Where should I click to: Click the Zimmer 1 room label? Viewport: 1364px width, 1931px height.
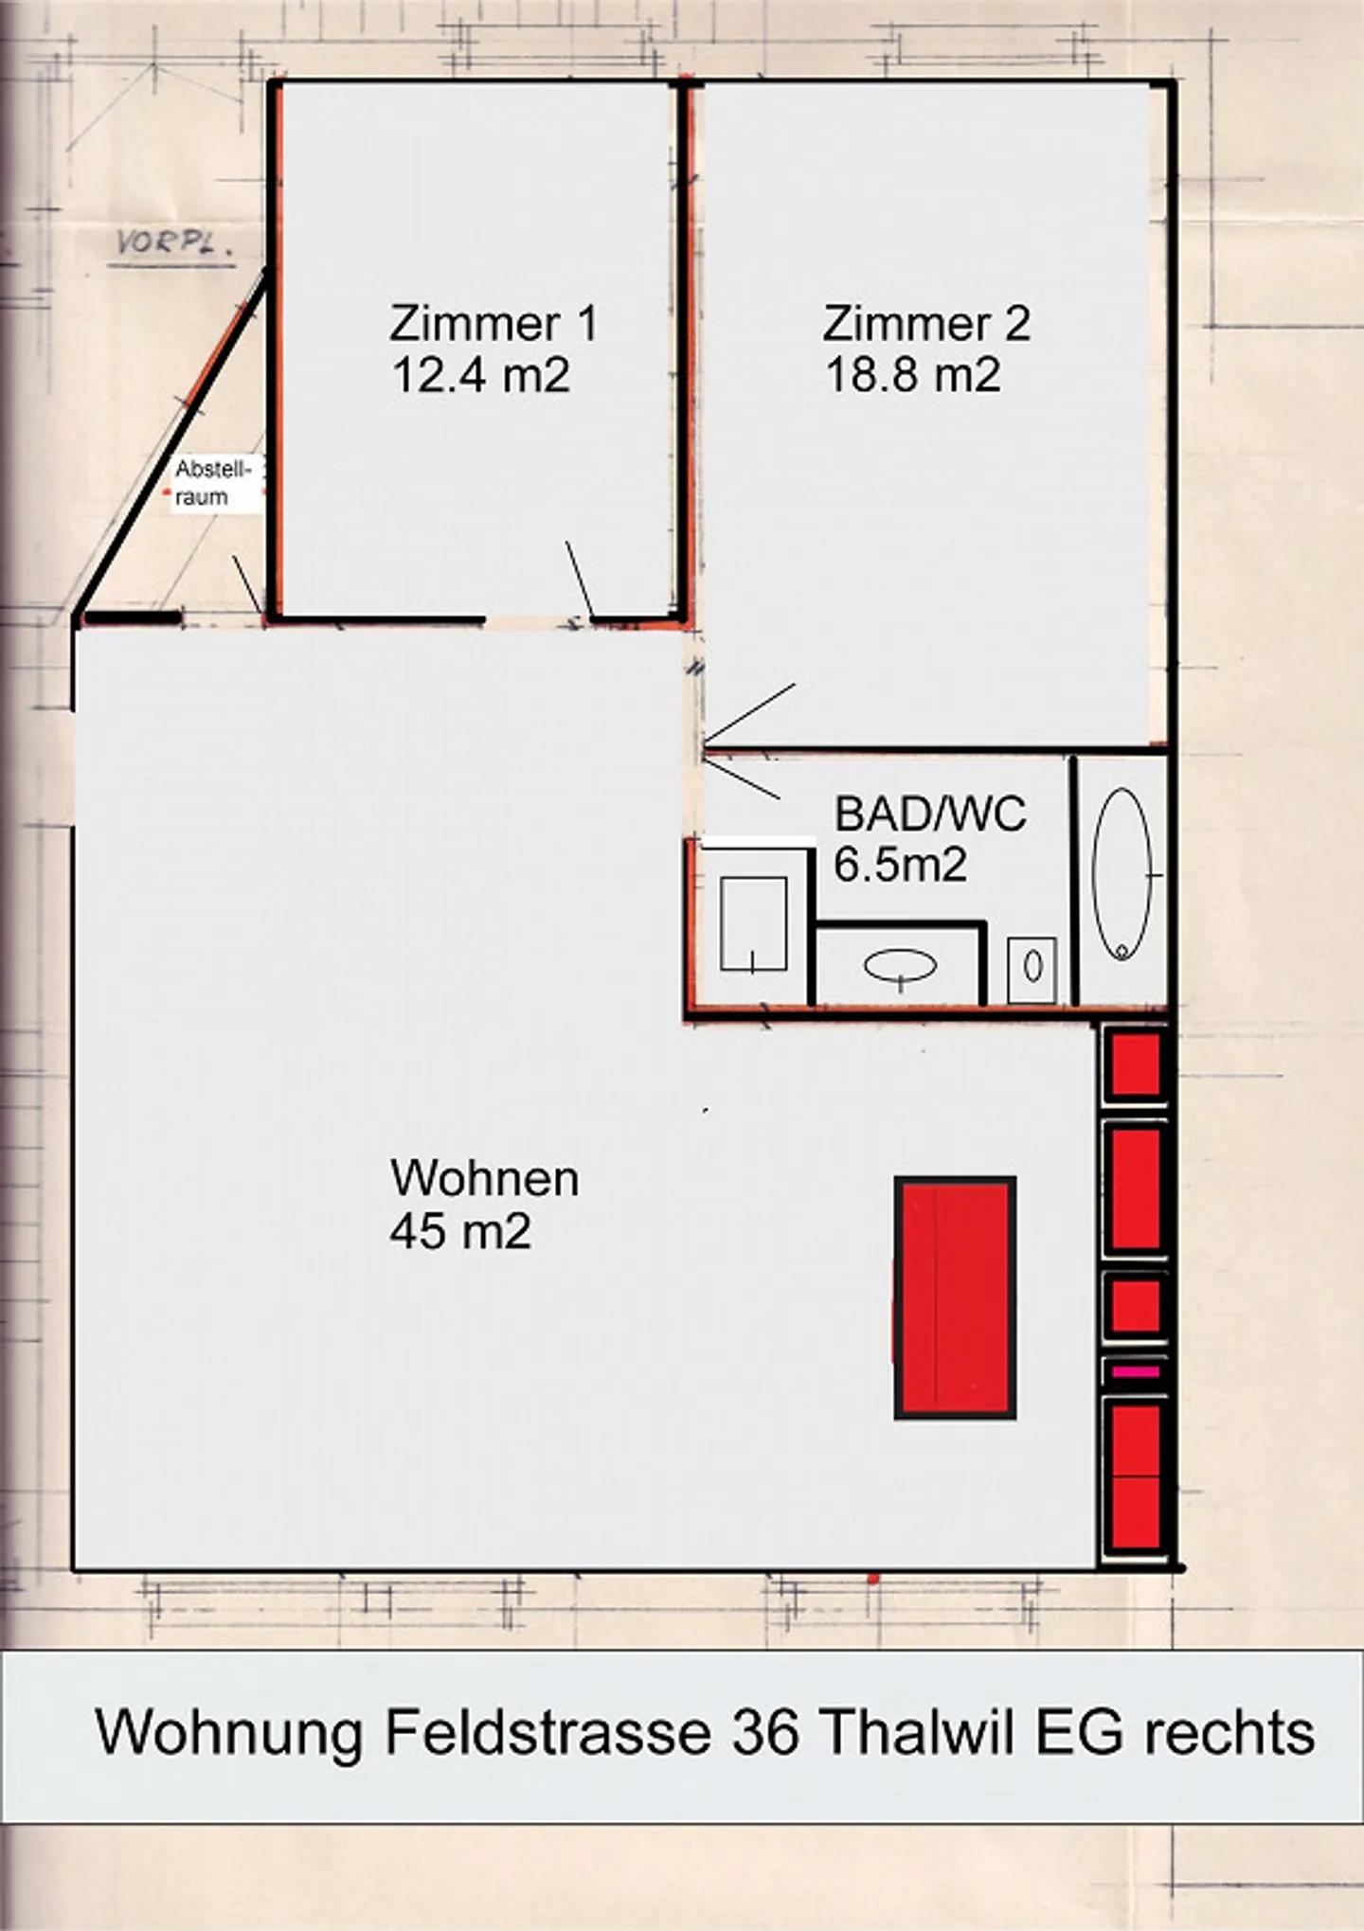tap(494, 324)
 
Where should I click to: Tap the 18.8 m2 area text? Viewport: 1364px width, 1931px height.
tap(912, 375)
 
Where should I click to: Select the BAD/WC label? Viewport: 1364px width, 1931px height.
tap(929, 814)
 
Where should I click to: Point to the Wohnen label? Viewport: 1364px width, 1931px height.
tap(484, 1179)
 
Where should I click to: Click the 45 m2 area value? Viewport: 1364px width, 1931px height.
tap(459, 1231)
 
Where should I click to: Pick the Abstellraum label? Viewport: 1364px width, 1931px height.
tap(213, 483)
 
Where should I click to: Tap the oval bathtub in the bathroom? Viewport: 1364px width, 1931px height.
tap(1122, 874)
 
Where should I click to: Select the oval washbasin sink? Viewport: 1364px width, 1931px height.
tap(900, 966)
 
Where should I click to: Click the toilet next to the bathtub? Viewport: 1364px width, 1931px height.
tap(1032, 968)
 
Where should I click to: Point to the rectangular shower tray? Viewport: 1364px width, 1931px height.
tap(753, 923)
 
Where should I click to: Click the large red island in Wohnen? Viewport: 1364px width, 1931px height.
tap(955, 1297)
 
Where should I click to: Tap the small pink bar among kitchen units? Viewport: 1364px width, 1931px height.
tap(1136, 1370)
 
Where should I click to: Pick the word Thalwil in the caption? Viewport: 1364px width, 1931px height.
tap(917, 1733)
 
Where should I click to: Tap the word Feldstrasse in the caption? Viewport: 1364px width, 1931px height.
tap(547, 1733)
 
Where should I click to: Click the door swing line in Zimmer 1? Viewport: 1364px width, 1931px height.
tap(579, 579)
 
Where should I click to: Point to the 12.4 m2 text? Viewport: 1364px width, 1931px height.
tap(480, 375)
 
